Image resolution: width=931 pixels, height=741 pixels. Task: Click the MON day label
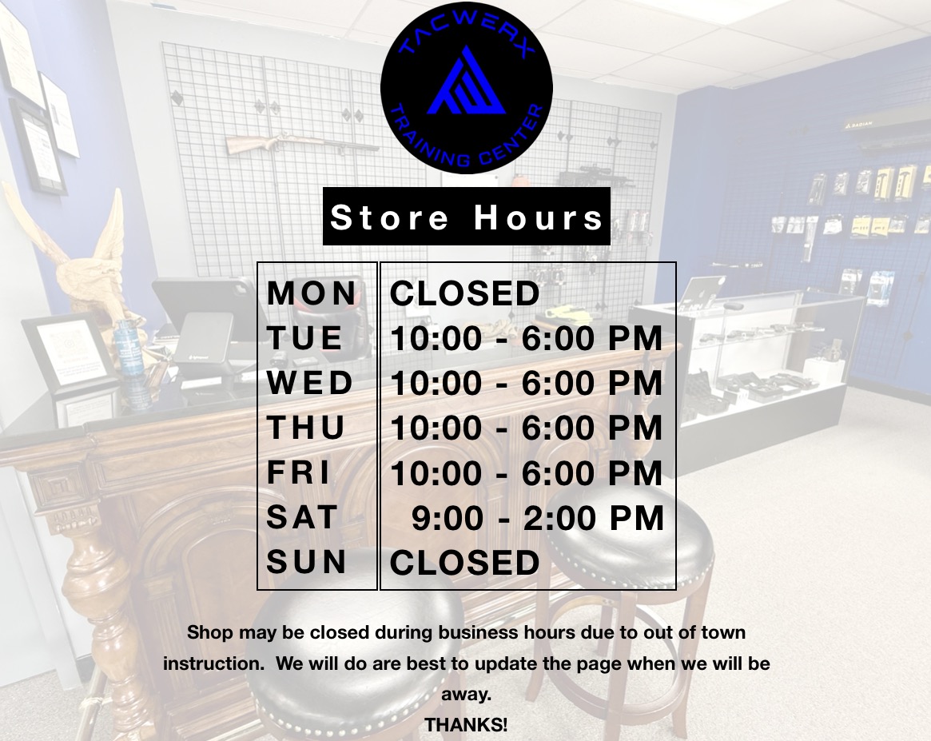(x=311, y=293)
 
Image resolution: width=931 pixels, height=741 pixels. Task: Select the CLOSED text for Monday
(x=464, y=293)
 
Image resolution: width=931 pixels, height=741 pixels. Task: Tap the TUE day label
(x=304, y=338)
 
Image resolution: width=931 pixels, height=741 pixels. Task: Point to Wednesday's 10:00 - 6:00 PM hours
(x=526, y=383)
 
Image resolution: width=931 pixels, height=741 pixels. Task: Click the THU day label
(x=306, y=428)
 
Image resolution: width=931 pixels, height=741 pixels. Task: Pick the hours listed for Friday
(x=526, y=473)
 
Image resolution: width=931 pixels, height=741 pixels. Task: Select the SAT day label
(x=301, y=517)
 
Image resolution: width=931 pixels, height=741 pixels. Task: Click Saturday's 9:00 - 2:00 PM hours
(x=537, y=518)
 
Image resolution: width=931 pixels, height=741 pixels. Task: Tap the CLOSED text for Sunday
(x=464, y=562)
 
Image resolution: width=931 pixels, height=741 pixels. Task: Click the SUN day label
(x=306, y=562)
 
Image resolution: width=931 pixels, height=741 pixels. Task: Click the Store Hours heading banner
(x=467, y=216)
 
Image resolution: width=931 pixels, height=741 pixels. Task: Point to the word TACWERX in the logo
(x=467, y=36)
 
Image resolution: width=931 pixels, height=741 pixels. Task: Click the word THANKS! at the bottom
(x=466, y=725)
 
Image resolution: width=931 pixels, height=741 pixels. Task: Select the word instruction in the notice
(x=213, y=663)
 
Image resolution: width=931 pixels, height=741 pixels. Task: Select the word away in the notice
(x=466, y=695)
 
